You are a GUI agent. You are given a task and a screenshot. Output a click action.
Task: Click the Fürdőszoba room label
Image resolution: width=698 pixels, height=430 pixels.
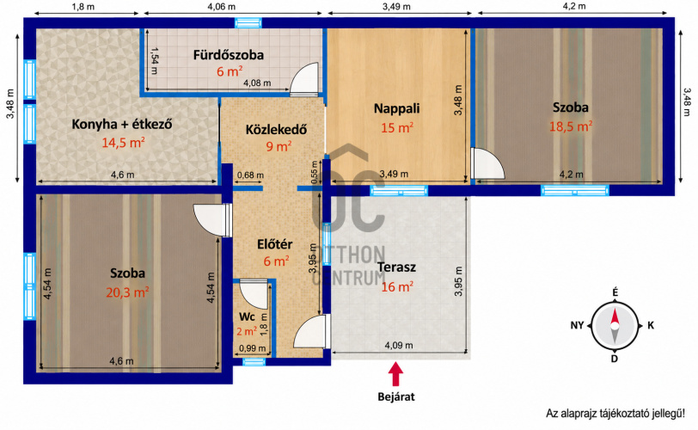229,55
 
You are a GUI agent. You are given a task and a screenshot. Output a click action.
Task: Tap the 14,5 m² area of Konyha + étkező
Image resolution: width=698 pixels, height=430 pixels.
123,143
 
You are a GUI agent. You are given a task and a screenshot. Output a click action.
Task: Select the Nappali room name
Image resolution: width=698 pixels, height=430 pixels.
396,108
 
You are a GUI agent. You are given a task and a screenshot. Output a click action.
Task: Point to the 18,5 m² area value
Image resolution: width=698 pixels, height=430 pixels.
571,126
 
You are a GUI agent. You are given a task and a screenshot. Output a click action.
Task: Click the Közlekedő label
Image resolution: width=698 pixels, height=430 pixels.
277,130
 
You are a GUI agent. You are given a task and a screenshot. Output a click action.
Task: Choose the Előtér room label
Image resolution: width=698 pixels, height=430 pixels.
275,244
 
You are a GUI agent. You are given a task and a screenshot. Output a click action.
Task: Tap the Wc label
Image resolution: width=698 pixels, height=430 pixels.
247,316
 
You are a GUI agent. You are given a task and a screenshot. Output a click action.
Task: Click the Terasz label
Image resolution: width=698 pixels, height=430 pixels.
396,267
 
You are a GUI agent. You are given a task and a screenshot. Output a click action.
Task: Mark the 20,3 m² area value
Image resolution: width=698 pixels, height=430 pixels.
127,292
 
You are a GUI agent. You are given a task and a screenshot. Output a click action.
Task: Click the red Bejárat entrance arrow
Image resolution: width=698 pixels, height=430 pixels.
395,374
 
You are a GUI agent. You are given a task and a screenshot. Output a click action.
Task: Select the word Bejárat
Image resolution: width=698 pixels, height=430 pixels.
396,396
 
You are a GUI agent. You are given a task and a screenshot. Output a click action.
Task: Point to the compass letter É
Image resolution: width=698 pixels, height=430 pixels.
615,292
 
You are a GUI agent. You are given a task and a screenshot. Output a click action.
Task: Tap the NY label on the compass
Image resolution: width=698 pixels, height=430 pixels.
577,325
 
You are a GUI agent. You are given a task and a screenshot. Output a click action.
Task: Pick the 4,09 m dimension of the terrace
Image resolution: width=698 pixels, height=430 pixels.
398,345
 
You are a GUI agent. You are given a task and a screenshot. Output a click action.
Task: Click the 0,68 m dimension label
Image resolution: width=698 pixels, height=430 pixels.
250,175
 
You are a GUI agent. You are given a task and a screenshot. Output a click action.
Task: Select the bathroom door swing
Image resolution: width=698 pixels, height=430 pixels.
304,79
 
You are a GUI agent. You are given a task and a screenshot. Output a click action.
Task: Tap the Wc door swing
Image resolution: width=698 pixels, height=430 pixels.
254,294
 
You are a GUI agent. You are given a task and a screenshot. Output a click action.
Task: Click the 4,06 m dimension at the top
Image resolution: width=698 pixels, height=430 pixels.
221,7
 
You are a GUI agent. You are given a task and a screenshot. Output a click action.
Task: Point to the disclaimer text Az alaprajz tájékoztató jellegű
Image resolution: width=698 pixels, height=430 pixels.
615,413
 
